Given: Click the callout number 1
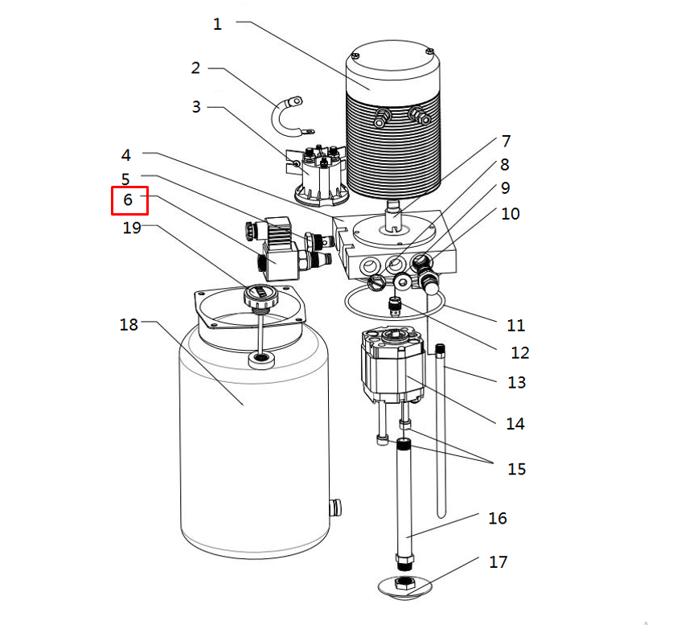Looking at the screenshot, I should [217, 24].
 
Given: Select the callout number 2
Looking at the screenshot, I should [195, 68].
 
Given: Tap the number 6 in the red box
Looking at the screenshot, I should [129, 200].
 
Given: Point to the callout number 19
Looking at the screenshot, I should [132, 228].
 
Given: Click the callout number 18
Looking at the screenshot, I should [129, 325].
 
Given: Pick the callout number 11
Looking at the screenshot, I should [515, 326].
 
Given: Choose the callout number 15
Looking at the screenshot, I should [516, 469].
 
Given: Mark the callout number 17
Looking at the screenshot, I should [498, 561].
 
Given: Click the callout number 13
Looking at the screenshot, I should [516, 382].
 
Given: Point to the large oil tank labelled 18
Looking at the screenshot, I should [253, 450].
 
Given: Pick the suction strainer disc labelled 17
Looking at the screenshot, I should [404, 585].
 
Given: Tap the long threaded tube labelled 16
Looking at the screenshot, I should [404, 499].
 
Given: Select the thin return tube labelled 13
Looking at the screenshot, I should [441, 434].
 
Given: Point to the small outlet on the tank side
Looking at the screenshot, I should [335, 507].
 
